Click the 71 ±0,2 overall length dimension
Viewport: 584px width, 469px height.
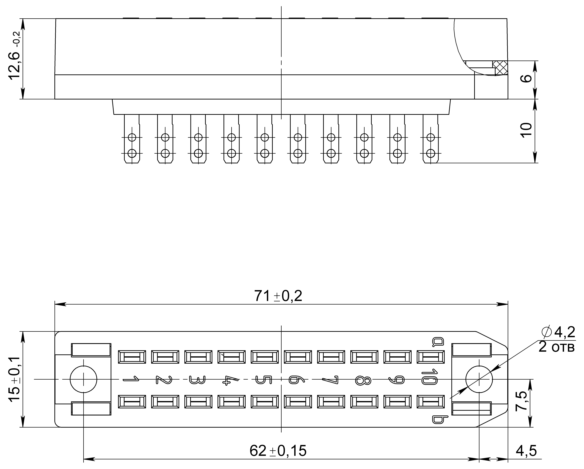tap(278, 296)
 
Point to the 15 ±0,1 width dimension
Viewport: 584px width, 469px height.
tap(14, 379)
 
